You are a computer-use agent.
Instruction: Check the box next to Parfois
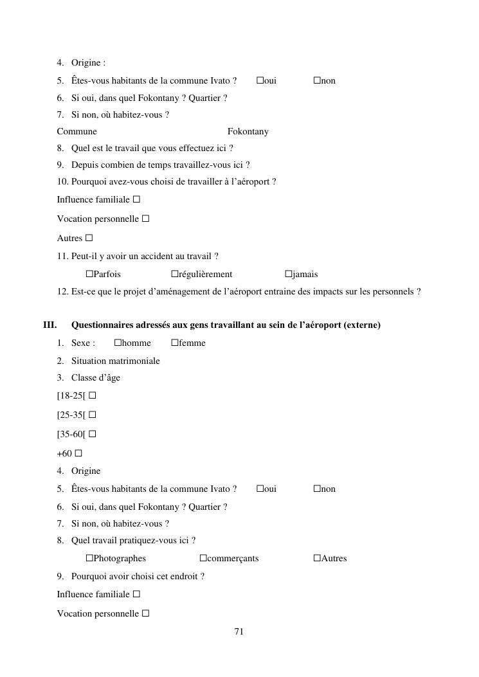(89, 274)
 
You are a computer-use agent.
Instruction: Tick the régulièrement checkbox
(174, 274)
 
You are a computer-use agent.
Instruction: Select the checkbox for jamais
(288, 274)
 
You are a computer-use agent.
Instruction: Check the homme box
(118, 343)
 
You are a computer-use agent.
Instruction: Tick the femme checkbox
(174, 343)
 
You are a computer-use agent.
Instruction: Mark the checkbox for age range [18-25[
(93, 395)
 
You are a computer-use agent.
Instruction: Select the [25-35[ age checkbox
(93, 415)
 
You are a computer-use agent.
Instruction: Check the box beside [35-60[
(93, 434)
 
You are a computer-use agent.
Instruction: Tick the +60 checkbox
(78, 453)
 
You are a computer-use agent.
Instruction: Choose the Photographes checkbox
(89, 558)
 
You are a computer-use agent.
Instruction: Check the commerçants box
(203, 558)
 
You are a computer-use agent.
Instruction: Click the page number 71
(239, 632)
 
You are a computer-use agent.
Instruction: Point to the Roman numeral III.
(50, 325)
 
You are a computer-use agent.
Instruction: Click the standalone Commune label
(77, 131)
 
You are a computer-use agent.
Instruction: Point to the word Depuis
(85, 165)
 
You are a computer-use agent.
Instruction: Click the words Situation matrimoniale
(116, 361)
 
